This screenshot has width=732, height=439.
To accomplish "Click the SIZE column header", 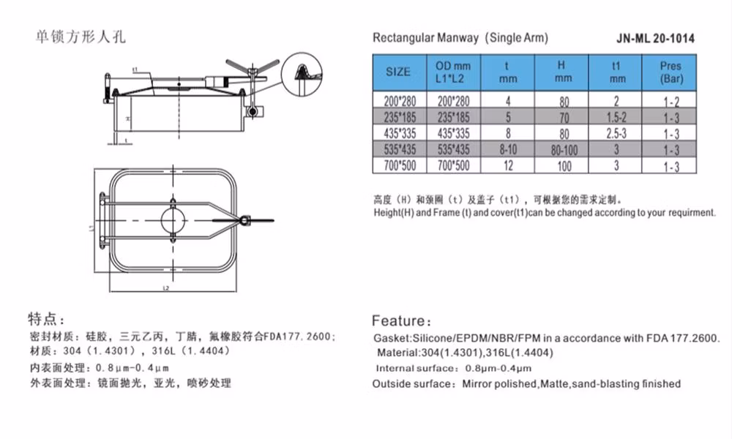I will [x=398, y=72].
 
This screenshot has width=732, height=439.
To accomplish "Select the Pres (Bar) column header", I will [x=671, y=72].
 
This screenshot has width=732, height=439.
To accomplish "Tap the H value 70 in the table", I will [x=563, y=118].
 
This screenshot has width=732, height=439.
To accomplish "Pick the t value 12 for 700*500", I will [x=507, y=165].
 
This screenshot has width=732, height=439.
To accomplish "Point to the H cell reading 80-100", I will [x=563, y=150].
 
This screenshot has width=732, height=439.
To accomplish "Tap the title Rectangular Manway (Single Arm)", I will [x=460, y=38].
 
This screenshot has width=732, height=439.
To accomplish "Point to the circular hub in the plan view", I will [x=174, y=219].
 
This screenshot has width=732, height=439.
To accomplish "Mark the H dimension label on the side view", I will [x=127, y=118].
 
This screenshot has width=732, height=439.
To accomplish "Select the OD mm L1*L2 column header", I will [x=454, y=72].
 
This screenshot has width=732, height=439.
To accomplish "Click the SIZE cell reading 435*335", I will [x=398, y=134].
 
